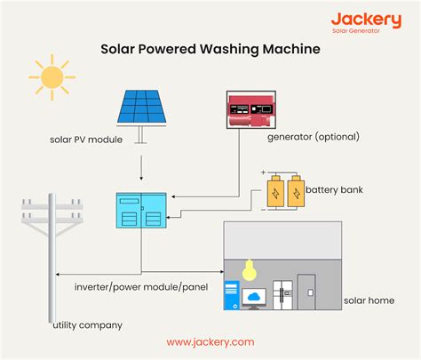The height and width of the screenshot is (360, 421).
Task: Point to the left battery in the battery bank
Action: [276, 192]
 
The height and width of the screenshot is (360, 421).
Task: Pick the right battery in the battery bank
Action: [293, 192]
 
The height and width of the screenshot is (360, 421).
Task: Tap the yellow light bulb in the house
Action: [251, 268]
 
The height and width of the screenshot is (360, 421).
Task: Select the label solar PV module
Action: [86, 139]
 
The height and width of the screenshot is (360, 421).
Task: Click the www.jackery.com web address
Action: [210, 341]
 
